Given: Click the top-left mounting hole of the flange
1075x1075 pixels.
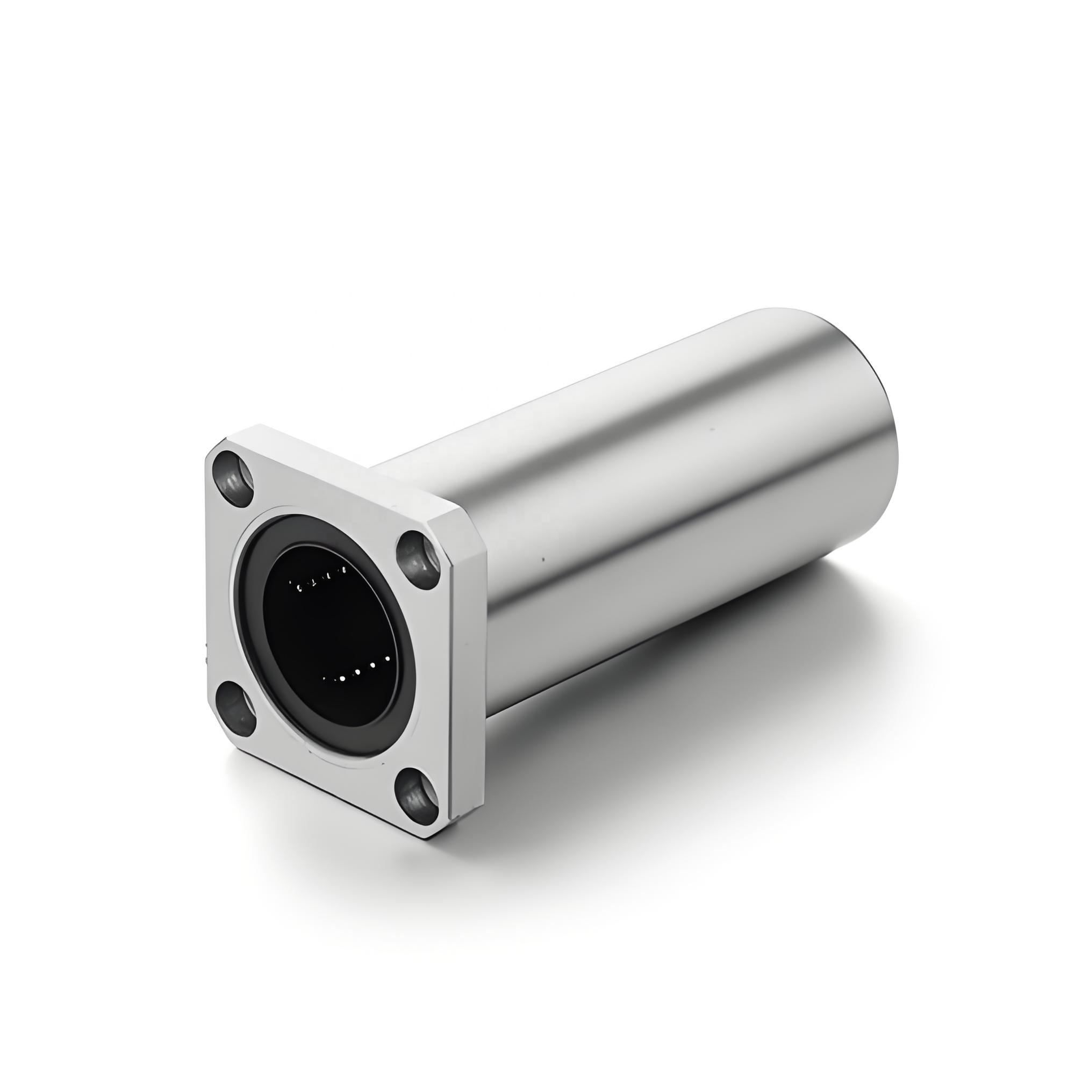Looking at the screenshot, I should [233, 479].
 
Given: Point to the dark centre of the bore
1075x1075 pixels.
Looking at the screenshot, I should [328, 634].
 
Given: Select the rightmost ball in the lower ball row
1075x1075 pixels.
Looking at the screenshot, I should [388, 660].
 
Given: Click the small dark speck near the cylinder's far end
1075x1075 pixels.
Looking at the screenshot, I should [711, 429].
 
